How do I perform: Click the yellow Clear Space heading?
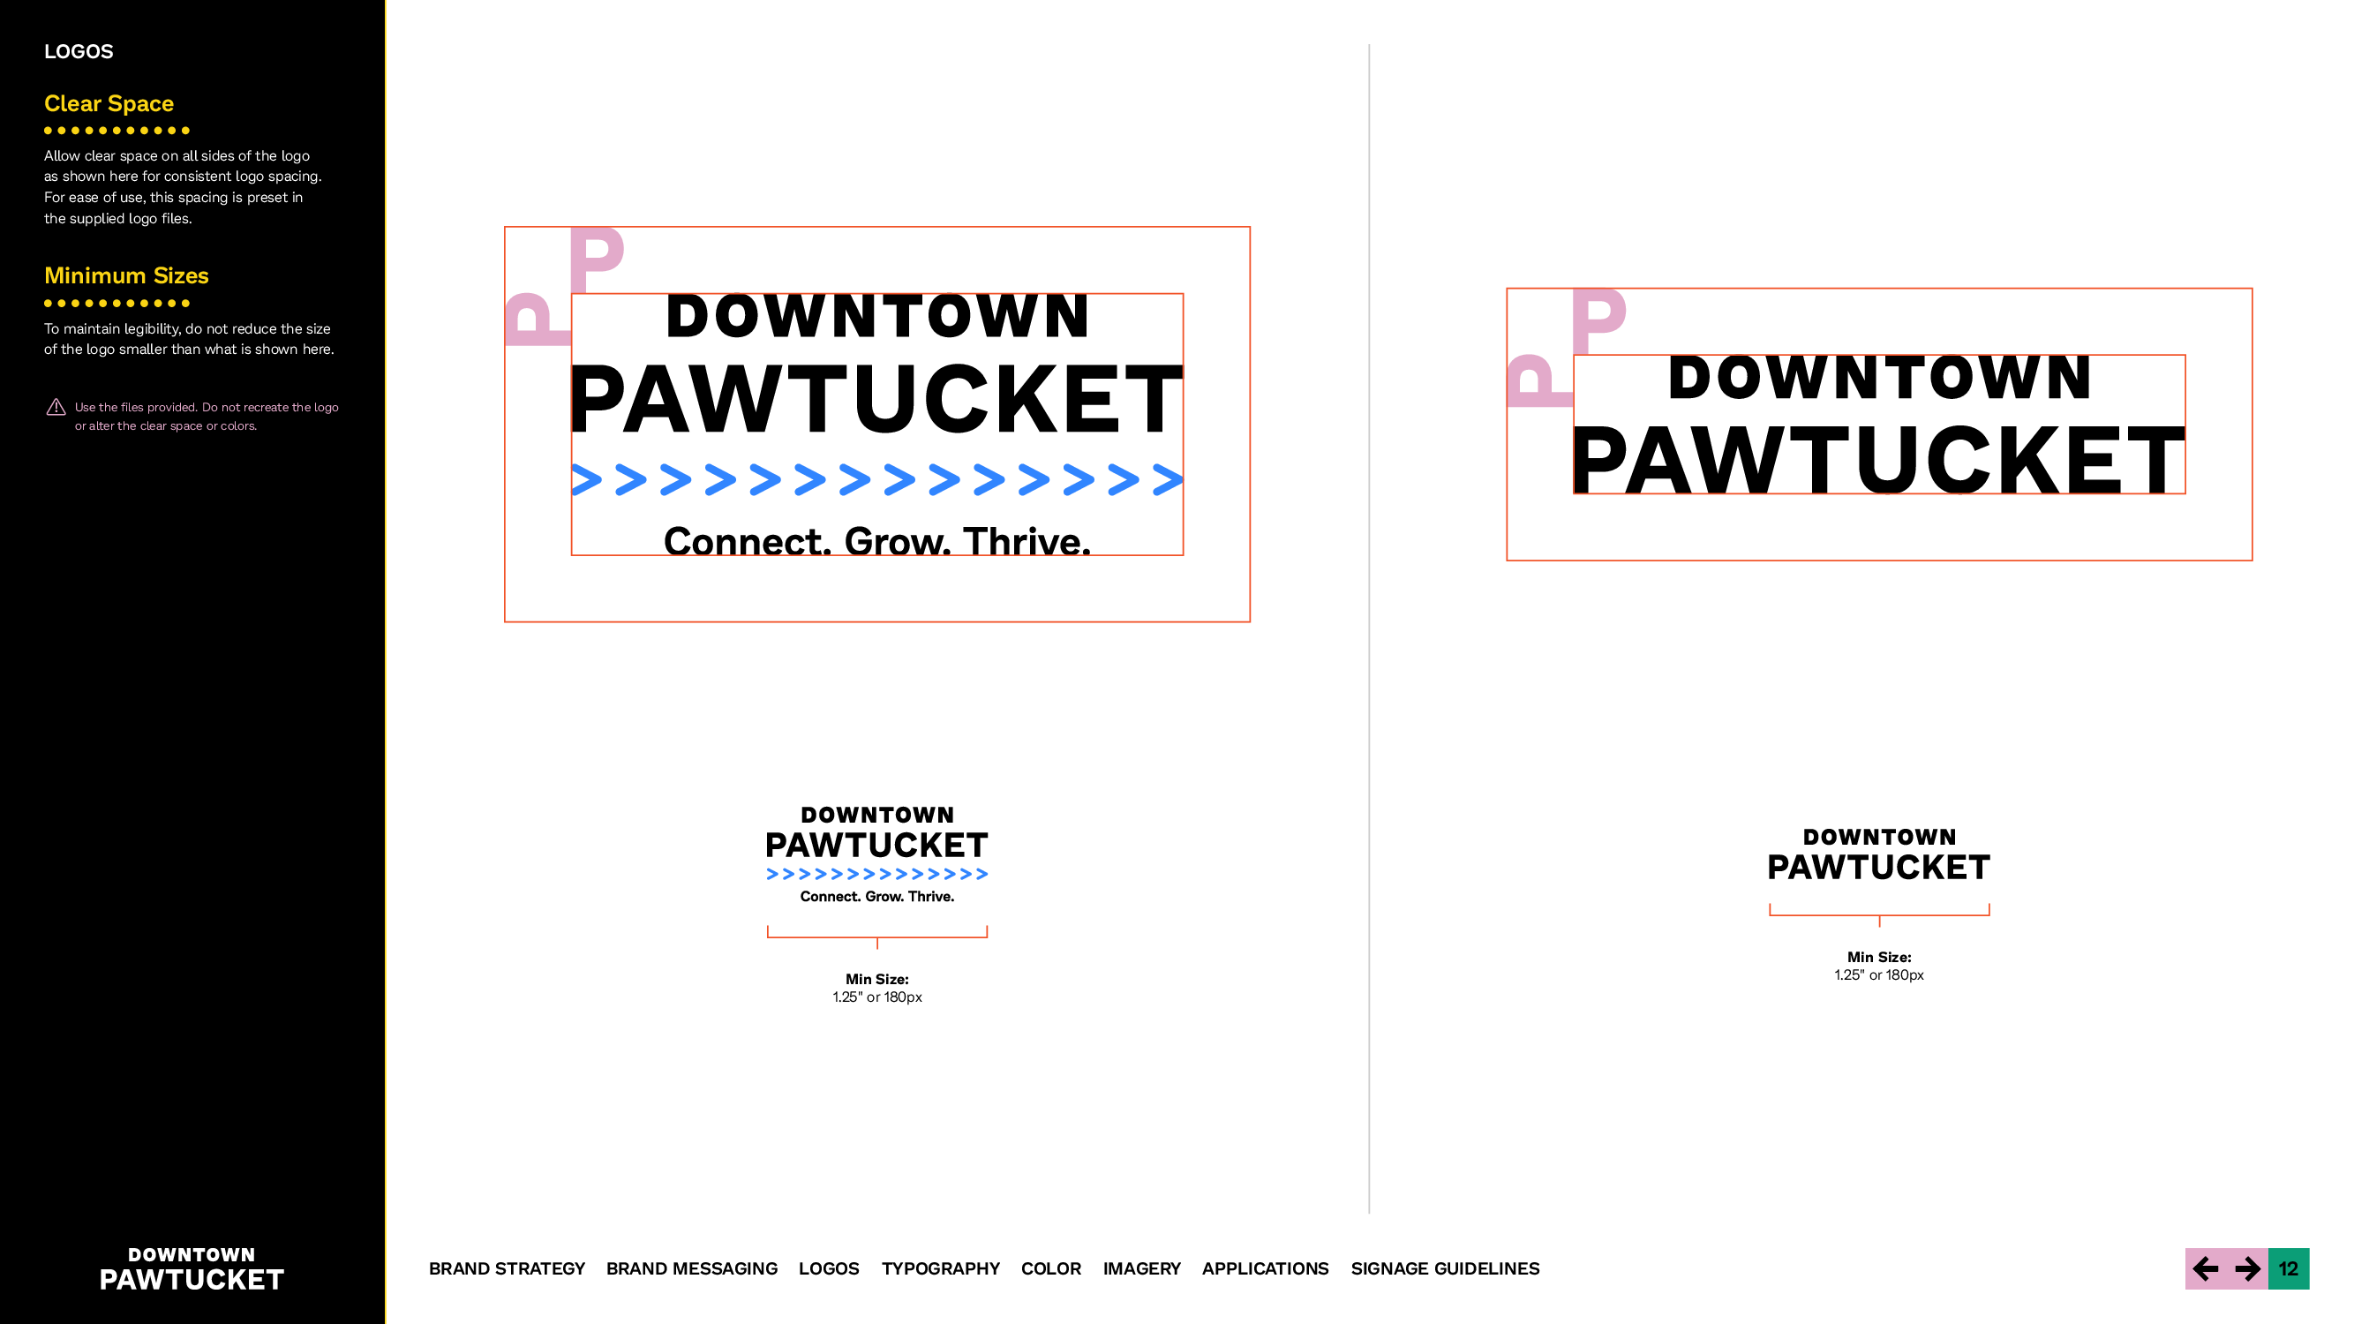(x=109, y=103)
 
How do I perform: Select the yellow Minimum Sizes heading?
(x=126, y=275)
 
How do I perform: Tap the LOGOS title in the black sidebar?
(x=79, y=51)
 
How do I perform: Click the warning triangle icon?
(x=56, y=408)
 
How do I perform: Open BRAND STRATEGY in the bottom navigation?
(x=507, y=1268)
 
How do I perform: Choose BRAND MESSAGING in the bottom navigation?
(x=692, y=1268)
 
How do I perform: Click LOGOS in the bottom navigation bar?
(x=829, y=1268)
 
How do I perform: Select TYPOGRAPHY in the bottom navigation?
(x=940, y=1268)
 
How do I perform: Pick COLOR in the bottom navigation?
(x=1051, y=1268)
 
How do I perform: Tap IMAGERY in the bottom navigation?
(x=1141, y=1268)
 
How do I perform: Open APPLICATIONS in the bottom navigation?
(x=1265, y=1268)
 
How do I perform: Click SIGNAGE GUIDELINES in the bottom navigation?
(x=1445, y=1268)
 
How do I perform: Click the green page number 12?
(x=2288, y=1268)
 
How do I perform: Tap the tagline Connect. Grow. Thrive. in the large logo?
(x=877, y=541)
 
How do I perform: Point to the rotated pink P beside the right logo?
(x=1538, y=380)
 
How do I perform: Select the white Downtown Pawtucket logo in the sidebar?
(x=192, y=1269)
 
